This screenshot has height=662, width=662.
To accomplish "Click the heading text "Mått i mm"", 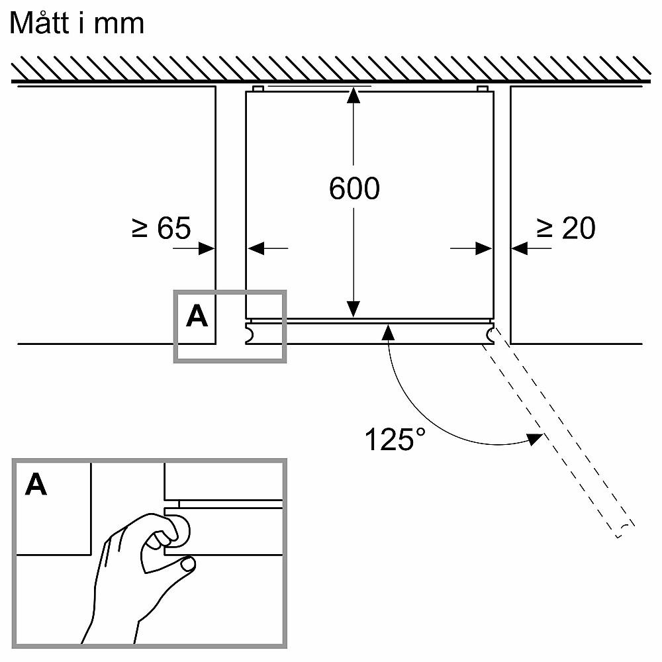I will click(77, 24).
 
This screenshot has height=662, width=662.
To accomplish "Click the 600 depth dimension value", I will click(354, 189).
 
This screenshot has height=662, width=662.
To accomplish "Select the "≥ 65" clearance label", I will click(162, 228).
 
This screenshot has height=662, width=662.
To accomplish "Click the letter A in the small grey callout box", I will click(197, 317).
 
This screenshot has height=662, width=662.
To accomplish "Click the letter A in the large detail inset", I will click(36, 485).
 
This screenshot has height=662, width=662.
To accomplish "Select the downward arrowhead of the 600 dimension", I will click(354, 308).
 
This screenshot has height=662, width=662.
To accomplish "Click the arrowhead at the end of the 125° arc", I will click(536, 440).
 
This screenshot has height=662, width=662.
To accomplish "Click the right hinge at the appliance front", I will click(489, 334).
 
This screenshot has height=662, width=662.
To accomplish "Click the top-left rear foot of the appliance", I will click(258, 88).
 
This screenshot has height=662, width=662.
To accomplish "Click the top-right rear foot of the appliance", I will click(482, 88).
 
